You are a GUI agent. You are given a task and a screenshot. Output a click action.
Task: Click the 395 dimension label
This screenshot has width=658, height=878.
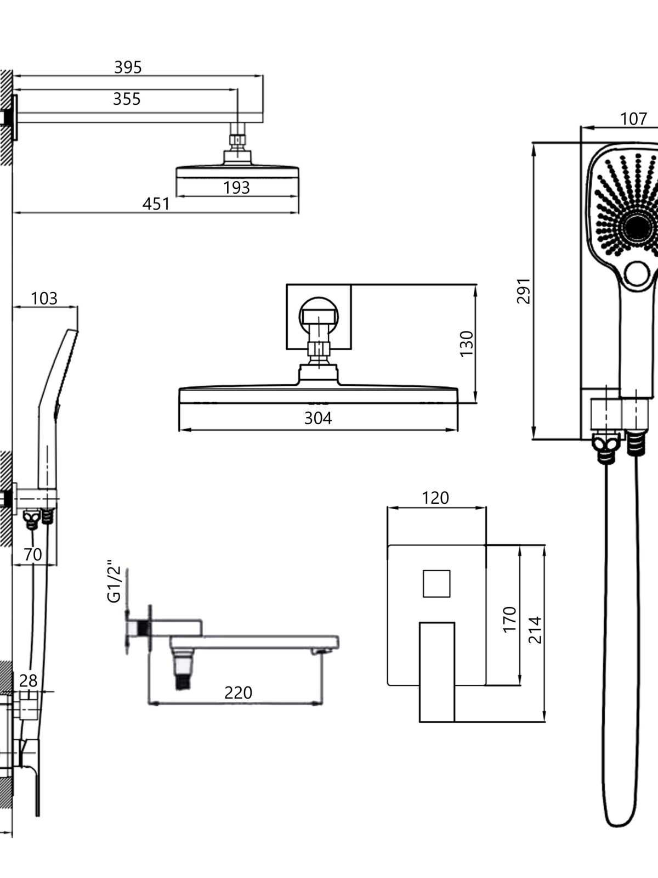128,67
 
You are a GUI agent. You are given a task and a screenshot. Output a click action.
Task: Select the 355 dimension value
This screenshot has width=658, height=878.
127,99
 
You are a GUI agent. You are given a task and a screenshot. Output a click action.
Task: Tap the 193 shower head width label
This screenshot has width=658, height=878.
236,188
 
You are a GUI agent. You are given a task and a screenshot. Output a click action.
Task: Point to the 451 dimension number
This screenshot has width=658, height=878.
156,204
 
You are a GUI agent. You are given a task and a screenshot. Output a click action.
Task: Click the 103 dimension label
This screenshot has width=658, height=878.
44,299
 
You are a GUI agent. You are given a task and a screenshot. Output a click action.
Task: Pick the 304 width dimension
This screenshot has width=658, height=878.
318,418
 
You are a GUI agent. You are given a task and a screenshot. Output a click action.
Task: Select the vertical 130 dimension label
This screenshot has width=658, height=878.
467,344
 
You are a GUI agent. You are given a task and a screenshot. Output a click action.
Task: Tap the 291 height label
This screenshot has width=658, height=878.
523,291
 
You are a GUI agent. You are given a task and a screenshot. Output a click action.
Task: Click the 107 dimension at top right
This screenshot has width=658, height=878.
634,119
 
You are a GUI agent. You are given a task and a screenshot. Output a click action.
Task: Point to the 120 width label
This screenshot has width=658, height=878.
435,498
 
